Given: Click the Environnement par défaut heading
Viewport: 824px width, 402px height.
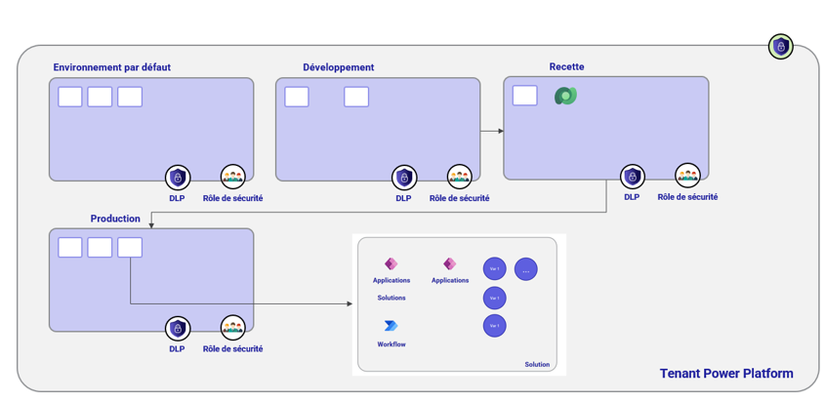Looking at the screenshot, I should [112, 67].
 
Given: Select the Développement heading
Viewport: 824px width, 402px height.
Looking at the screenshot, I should [338, 67].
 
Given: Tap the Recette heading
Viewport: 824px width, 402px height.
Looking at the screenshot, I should [566, 66].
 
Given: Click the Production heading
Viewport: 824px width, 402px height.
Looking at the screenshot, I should [115, 219].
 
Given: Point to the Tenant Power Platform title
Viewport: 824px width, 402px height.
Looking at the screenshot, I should [725, 374].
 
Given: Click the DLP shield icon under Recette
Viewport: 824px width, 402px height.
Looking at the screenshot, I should [632, 177].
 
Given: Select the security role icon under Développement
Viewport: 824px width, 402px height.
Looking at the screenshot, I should [459, 178].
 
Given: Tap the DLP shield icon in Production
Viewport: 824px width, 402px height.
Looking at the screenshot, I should [177, 328].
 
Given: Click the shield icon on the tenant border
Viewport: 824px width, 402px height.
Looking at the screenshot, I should [779, 47].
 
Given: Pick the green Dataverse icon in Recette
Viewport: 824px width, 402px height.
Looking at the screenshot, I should [565, 96].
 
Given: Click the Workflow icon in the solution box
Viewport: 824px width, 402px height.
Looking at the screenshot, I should [391, 326].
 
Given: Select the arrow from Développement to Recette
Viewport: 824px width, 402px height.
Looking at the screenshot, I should [492, 130].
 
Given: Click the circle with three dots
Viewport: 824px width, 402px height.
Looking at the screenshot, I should [525, 269].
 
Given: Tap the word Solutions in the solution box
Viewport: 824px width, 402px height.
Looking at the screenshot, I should [391, 298].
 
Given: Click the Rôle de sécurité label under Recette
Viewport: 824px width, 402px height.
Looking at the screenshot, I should [687, 197].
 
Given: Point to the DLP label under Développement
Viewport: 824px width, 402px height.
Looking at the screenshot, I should [403, 198].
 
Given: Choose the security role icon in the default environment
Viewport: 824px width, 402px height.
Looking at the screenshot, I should [232, 177].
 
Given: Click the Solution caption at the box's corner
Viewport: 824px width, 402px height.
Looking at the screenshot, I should [536, 364].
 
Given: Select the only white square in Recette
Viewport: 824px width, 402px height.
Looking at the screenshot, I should [524, 96].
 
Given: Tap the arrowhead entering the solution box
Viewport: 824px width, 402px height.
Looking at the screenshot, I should [349, 303].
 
